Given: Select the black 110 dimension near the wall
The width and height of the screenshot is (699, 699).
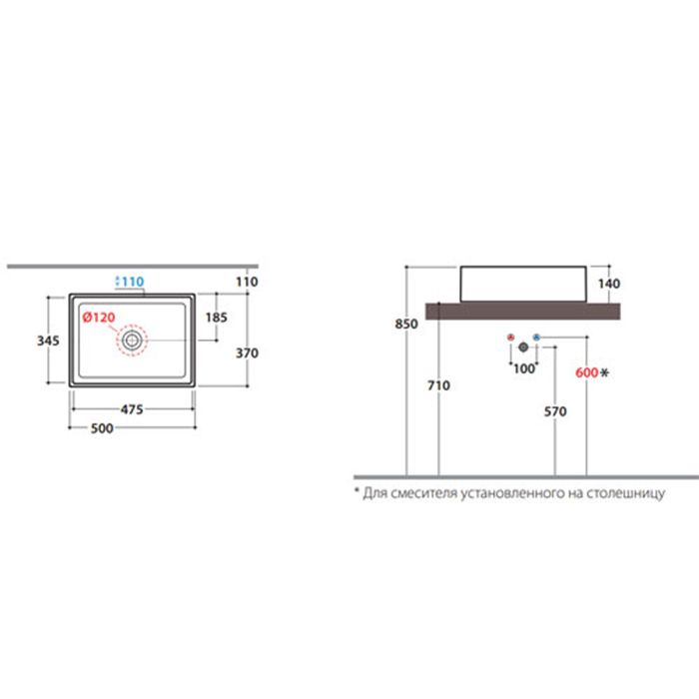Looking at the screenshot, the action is (247, 282).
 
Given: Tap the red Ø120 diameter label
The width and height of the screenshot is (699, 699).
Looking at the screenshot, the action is (99, 318).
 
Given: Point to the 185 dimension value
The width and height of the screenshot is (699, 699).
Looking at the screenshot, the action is (217, 318).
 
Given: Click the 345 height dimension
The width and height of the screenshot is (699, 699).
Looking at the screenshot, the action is (48, 341).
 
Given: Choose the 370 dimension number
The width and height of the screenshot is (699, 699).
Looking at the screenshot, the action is (247, 353).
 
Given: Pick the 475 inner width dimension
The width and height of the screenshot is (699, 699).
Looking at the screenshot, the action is (132, 409).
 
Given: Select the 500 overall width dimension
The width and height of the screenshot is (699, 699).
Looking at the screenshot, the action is (102, 428).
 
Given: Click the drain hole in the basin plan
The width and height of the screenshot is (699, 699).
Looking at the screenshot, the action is (132, 341).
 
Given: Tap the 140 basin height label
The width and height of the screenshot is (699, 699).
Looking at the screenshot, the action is (609, 284).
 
